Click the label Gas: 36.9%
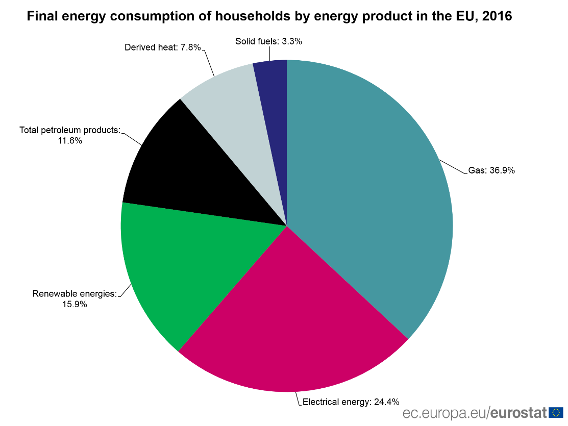pos(491,171)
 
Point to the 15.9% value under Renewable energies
pos(75,304)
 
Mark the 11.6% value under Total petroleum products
pos(69,140)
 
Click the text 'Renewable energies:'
pos(75,294)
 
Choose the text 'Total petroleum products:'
pos(69,130)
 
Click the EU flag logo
pos(556,412)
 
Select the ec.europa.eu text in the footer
pos(444,412)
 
